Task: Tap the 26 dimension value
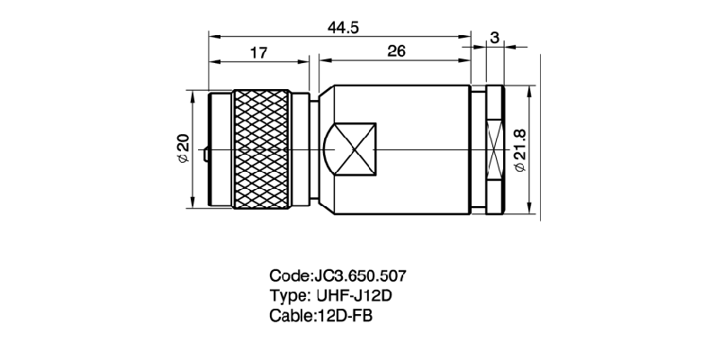click(395, 53)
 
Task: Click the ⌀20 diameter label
click(183, 148)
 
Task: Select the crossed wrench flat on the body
click(352, 149)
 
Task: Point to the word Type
click(287, 295)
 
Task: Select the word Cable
click(289, 316)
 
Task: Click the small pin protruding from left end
click(206, 156)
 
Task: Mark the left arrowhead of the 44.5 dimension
click(212, 37)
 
